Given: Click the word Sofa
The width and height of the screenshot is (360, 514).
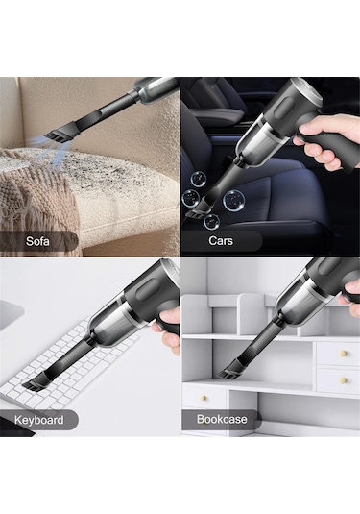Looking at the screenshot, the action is coord(37,241).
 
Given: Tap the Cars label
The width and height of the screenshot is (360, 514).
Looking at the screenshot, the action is coord(221,240).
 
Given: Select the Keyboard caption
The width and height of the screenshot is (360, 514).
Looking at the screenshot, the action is coord(38,420).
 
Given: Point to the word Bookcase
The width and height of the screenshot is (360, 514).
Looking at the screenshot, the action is coord(222,419).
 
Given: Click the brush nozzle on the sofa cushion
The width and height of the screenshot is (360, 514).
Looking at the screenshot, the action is coord(59,133).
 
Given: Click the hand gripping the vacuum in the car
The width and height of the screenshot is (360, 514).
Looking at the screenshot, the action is coord(324,141).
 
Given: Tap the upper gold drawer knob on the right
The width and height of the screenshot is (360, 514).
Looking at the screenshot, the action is coord(344,354).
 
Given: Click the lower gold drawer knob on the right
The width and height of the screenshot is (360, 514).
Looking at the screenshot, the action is coord(344,380).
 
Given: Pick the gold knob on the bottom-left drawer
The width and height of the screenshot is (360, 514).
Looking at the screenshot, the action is coord(204,398).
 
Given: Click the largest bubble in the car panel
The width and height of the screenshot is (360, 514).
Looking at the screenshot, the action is coord(233,200).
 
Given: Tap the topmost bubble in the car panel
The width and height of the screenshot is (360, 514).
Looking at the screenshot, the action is coord(199,178).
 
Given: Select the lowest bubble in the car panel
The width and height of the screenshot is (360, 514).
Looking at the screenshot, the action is coord(211,222).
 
